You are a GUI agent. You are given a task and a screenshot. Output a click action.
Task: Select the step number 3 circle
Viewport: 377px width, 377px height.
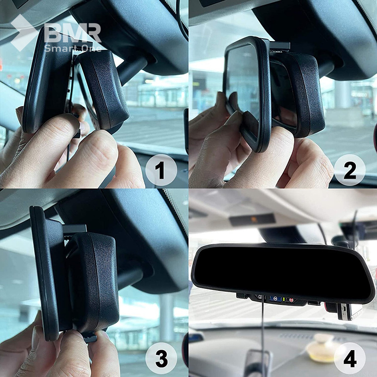(161, 359)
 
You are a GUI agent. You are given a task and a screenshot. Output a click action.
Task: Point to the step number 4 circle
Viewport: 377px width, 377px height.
(350, 359)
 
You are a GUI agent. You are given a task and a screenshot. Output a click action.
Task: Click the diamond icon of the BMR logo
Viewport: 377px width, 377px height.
(24, 32)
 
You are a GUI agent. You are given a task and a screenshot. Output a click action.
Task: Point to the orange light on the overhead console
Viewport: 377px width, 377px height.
(254, 220)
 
